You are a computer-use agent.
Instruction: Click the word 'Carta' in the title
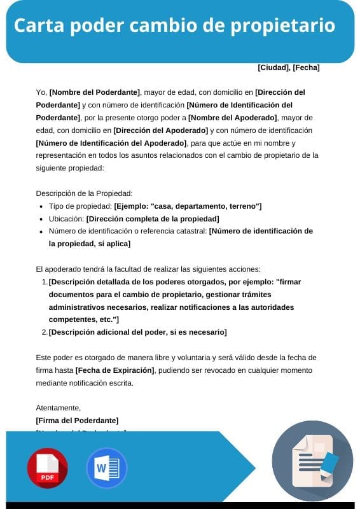pos(38,26)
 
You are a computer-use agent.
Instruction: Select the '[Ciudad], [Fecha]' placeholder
pos(288,67)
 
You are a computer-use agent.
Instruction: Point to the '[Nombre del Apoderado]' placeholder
pos(233,118)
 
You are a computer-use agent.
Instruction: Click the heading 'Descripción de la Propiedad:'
pos(83,193)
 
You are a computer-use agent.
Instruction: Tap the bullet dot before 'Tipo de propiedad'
pos(41,207)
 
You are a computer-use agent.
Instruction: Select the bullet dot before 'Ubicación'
pos(41,219)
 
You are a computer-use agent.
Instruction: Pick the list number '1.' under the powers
pos(44,282)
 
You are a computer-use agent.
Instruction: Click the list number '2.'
pos(44,332)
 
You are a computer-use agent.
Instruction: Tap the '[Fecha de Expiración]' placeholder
pos(115,370)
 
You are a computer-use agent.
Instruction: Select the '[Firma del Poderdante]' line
pos(77,421)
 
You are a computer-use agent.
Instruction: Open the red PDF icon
pos(47,468)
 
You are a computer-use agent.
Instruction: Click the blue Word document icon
pos(106,468)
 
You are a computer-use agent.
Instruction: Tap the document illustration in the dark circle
pos(312,461)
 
